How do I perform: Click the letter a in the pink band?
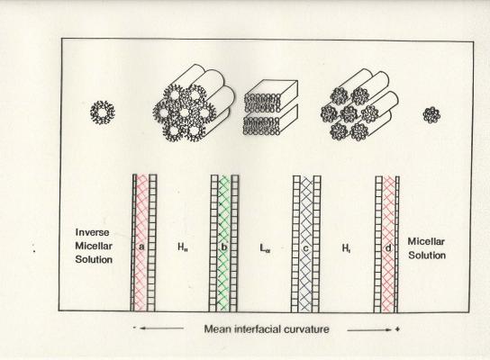tap(141, 247)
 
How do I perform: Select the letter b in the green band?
tap(223, 247)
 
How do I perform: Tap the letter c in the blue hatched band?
tap(306, 248)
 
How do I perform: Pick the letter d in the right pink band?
tap(388, 248)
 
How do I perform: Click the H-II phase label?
tap(183, 247)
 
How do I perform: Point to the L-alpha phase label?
tap(265, 248)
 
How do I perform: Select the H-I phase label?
tap(346, 248)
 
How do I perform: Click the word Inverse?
tap(93, 232)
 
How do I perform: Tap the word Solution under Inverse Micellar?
tap(94, 259)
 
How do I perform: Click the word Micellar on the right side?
tap(426, 242)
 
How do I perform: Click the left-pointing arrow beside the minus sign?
tap(161, 328)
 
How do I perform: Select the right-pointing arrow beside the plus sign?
tap(369, 329)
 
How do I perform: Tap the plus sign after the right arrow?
tap(397, 329)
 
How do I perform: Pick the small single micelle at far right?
tap(431, 115)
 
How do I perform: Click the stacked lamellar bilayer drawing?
tap(270, 108)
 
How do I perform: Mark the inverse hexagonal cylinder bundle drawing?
tap(194, 103)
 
